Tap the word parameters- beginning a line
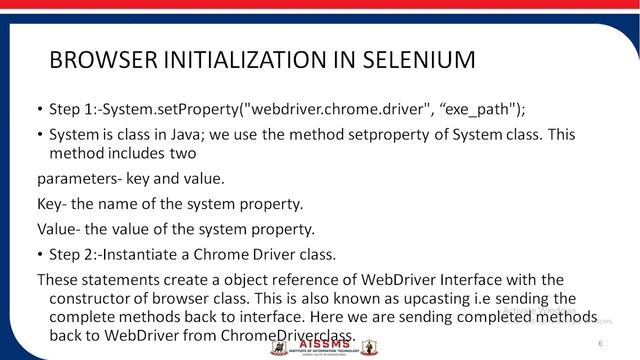(x=79, y=181)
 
